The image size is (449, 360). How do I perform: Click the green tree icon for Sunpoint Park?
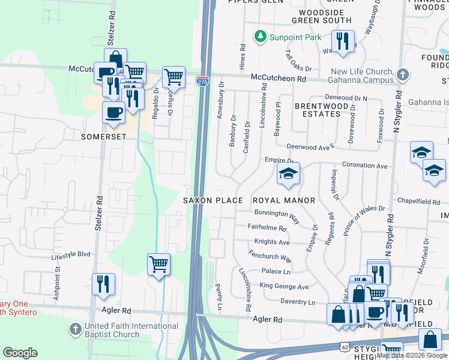[x=260, y=37]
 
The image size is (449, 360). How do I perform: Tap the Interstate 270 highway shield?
[x=202, y=82]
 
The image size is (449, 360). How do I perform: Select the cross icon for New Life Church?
[x=402, y=75]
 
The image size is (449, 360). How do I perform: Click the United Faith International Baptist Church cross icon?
[x=75, y=329]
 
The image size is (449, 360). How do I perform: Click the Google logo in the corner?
[x=20, y=353]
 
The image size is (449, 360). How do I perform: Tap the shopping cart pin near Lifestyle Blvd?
[x=158, y=265]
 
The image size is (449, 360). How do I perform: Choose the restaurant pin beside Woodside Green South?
[x=343, y=41]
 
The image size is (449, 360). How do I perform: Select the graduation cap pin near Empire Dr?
[x=289, y=175]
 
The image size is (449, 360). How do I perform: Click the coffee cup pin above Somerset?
[x=113, y=112]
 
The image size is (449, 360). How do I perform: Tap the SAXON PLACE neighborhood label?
[x=213, y=200]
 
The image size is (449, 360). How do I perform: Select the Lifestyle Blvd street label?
[x=70, y=254]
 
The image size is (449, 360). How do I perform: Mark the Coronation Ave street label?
[x=364, y=165]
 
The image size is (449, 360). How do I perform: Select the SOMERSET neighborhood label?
[x=104, y=137]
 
